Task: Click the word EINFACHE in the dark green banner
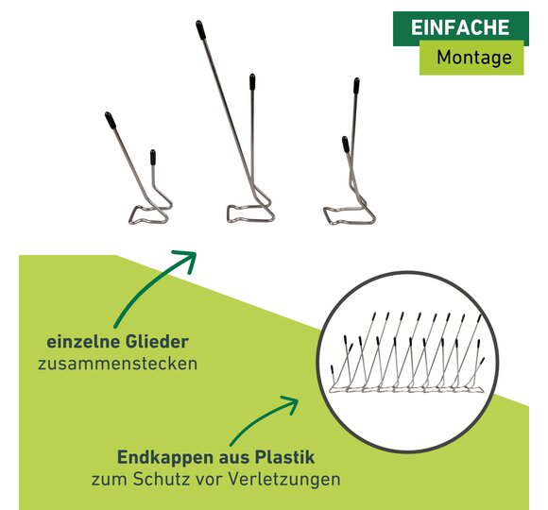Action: click(460, 27)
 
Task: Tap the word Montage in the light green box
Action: click(474, 58)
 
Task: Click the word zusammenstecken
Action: click(117, 364)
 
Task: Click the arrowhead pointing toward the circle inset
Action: click(291, 403)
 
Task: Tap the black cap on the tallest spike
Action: click(200, 29)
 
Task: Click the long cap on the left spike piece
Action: click(111, 120)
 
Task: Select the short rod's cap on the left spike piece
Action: click(153, 157)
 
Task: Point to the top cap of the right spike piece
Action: click(356, 86)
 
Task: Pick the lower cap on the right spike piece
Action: click(345, 144)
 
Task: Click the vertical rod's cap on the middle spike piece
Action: click(252, 82)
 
